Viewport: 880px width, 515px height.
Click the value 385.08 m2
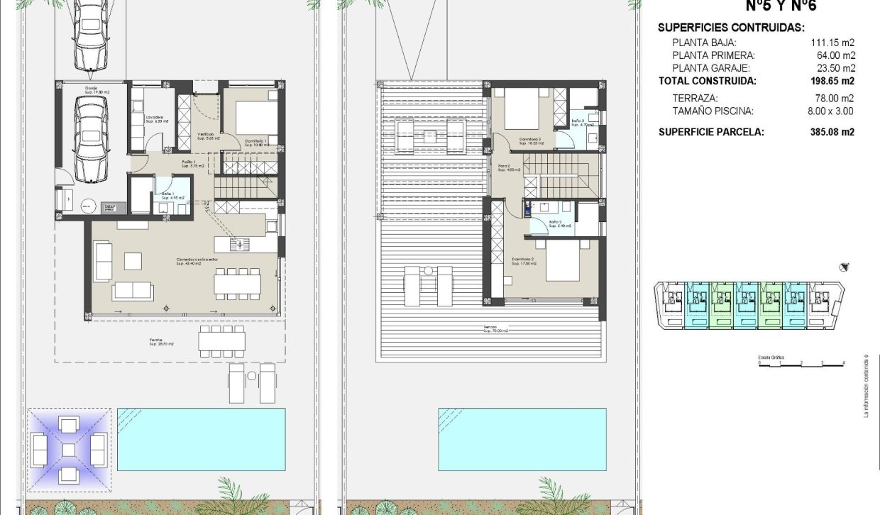tap(832, 132)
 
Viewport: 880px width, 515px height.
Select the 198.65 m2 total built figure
tap(832, 81)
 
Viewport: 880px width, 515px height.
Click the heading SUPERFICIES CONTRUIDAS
tap(731, 28)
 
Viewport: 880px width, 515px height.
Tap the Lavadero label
tap(156, 118)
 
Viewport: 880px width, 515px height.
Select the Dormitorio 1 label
tap(255, 141)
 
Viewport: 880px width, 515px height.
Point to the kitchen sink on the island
tap(240, 244)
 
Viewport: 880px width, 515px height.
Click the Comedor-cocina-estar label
tap(197, 261)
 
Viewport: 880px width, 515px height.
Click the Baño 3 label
tap(578, 121)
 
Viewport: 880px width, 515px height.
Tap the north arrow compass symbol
tap(845, 267)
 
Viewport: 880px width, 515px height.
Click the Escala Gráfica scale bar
tap(801, 362)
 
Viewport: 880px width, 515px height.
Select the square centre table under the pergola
tap(68, 449)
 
